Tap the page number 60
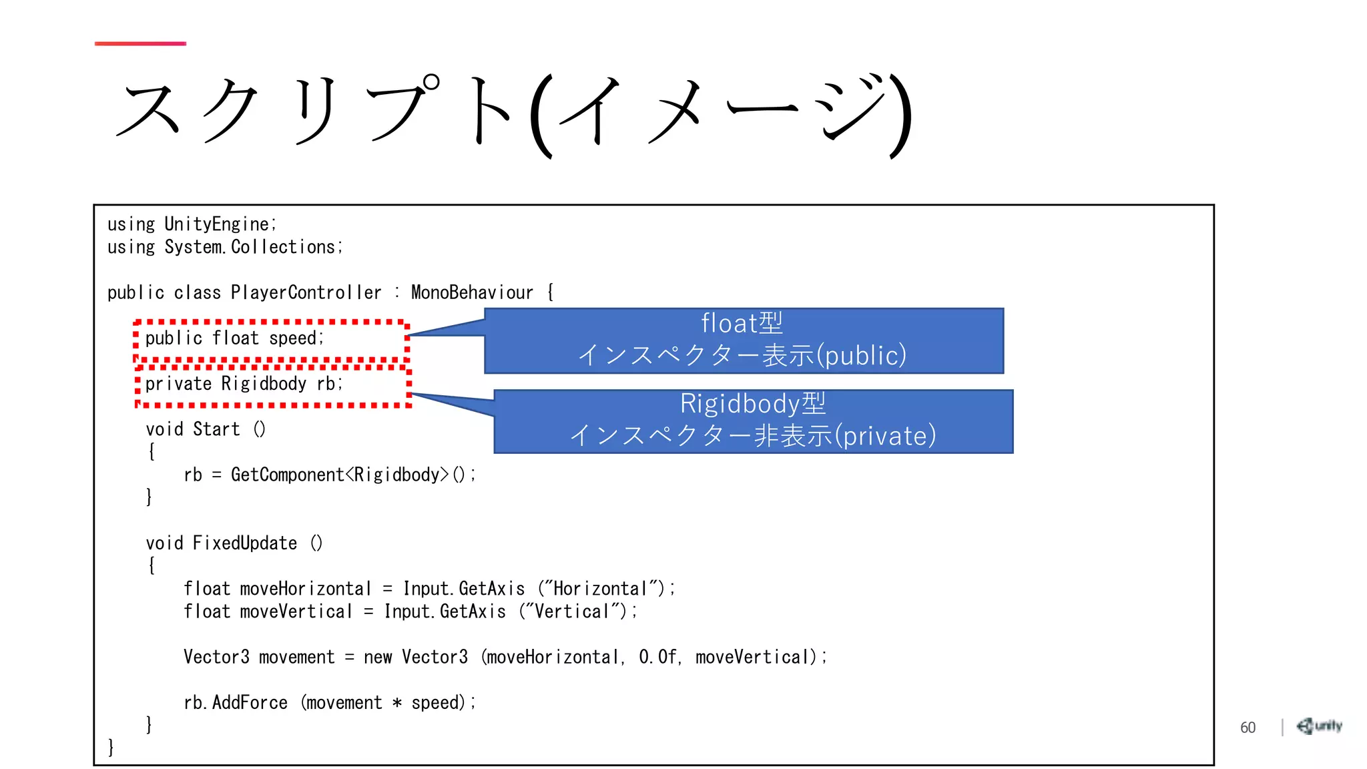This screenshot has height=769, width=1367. coord(1248,728)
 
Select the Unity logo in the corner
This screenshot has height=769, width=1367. coord(1319,726)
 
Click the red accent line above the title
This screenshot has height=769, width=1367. coord(140,43)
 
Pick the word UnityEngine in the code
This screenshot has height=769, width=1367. coord(218,224)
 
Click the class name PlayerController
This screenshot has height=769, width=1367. coord(306,292)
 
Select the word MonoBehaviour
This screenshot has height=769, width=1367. coord(472,292)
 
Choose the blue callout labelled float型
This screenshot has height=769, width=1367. coord(744,340)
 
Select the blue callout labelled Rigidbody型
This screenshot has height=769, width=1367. coord(753,421)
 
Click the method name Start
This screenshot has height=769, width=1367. coord(216,429)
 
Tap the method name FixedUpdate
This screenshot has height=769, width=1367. coord(245,543)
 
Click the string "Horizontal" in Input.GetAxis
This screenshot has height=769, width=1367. coord(601,589)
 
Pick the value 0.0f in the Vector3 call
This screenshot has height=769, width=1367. coord(657,657)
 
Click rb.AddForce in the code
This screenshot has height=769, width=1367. coord(236,702)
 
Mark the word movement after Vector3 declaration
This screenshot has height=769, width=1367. coord(296,657)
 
